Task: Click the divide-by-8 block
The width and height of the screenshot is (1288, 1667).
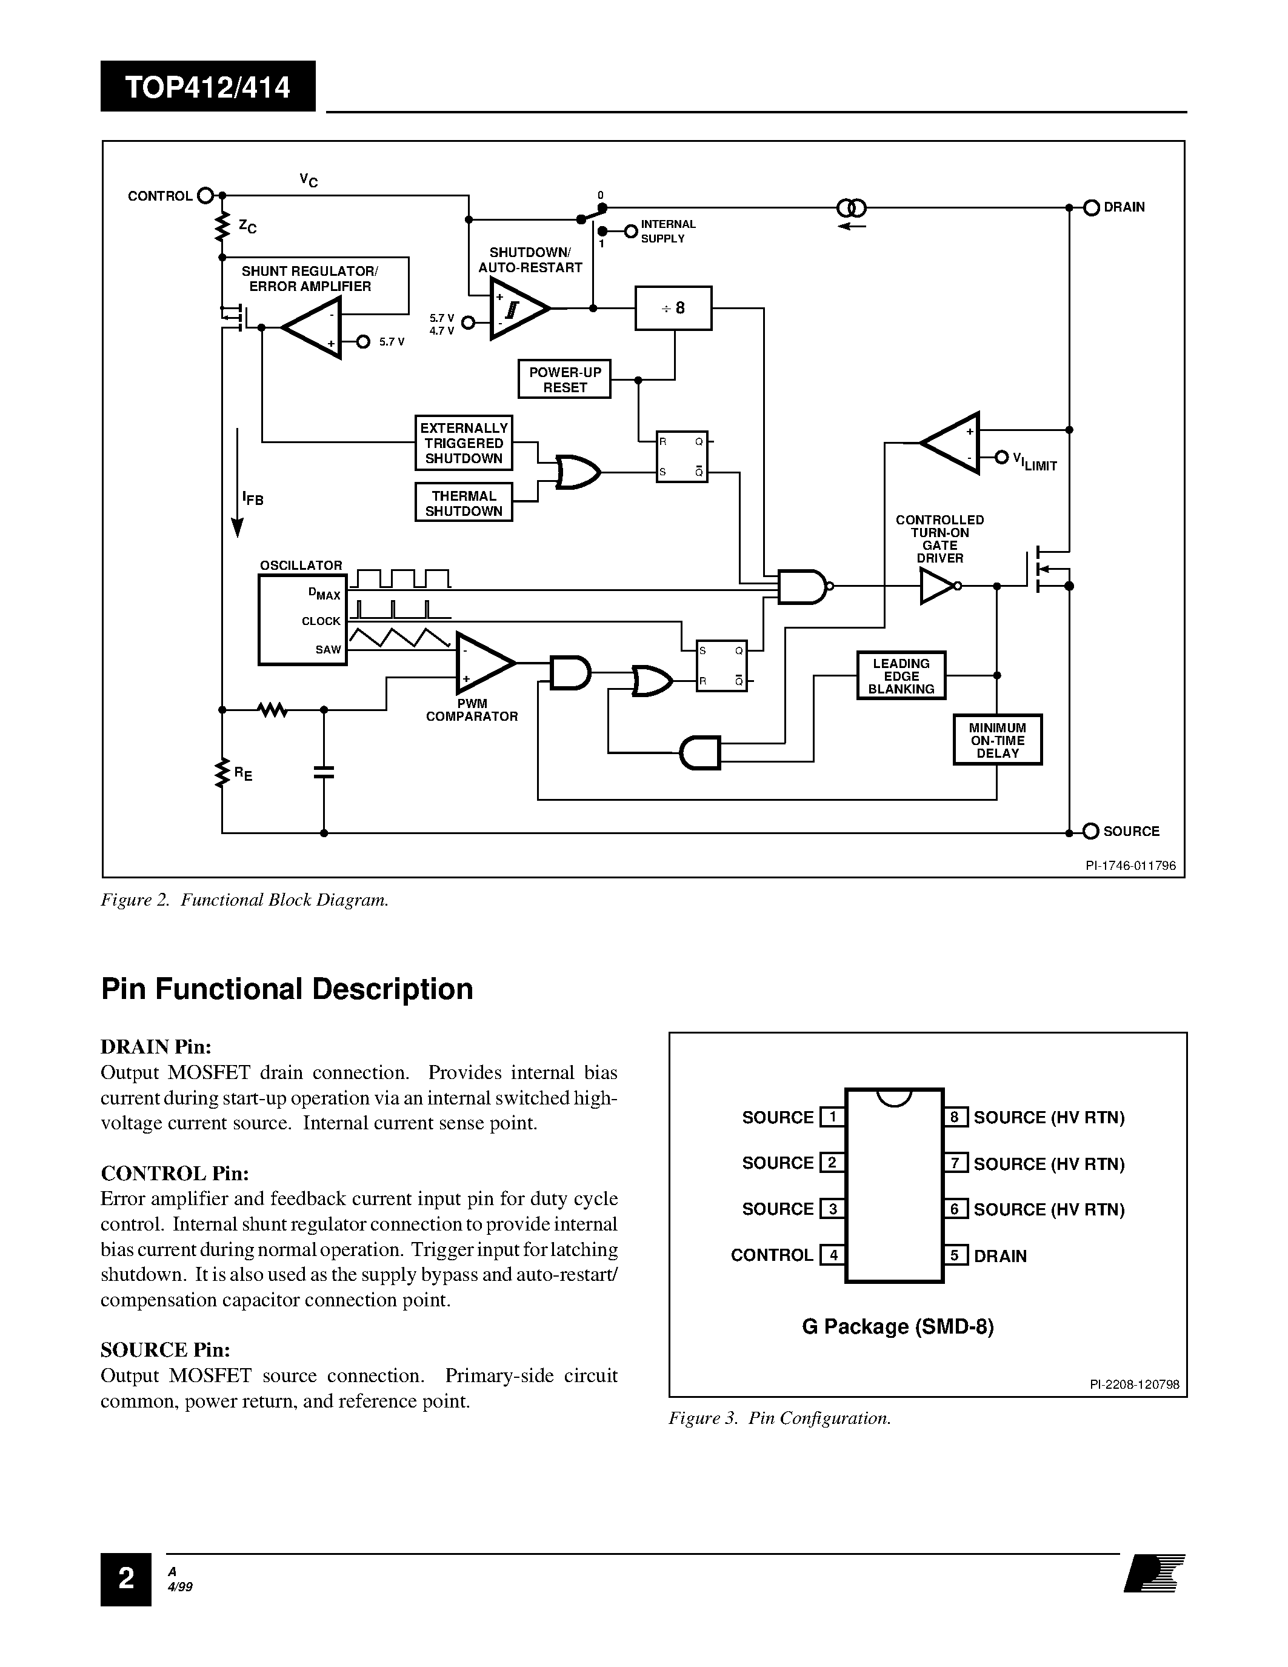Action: (673, 309)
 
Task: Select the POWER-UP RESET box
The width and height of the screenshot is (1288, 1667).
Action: (565, 379)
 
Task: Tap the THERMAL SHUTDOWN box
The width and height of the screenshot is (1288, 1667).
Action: (463, 503)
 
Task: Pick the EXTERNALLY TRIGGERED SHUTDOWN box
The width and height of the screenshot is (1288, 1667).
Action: (463, 443)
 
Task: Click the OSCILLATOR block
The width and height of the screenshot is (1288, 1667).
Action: (302, 620)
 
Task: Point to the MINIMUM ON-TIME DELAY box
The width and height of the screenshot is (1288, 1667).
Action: (997, 740)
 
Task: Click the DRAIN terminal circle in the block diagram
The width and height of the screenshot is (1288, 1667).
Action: (1091, 207)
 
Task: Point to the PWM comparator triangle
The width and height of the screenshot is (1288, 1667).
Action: (483, 662)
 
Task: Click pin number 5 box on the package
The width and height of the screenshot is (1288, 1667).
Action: (955, 1255)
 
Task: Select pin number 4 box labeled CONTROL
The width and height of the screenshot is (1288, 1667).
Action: (832, 1255)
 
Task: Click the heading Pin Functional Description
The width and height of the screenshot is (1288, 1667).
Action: (287, 989)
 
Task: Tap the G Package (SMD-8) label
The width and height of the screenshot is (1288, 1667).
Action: (897, 1326)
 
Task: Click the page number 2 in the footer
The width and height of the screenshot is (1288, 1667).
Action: (126, 1578)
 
